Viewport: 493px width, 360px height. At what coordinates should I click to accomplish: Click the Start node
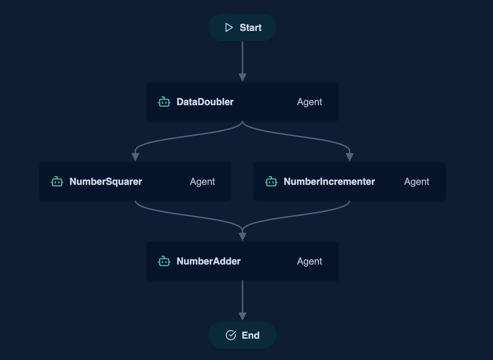(242, 27)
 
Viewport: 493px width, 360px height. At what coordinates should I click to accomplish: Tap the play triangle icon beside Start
(229, 27)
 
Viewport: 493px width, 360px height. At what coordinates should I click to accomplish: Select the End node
(242, 335)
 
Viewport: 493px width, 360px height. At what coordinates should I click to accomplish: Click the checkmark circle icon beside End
(231, 335)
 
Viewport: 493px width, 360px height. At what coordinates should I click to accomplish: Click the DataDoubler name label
(205, 102)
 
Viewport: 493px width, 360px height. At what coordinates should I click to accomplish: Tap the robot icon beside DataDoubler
(164, 102)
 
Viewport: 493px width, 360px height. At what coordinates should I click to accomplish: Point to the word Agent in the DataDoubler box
(309, 102)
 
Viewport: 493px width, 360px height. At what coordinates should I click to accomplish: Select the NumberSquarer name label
(105, 182)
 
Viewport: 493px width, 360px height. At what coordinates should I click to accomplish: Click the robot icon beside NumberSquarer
(57, 182)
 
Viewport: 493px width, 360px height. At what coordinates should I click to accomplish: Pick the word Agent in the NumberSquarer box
(202, 182)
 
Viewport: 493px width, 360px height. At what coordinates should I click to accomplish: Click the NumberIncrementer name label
(329, 182)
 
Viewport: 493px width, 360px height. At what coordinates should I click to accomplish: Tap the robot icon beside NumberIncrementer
(271, 182)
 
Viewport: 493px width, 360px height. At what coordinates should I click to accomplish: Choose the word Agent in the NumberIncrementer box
(416, 182)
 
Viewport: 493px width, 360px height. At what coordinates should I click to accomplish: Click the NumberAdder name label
(208, 261)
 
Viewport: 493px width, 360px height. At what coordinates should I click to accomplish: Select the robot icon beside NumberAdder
(164, 261)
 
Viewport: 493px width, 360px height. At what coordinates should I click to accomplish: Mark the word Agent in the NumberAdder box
(309, 261)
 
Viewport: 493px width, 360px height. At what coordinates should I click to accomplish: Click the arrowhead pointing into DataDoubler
(242, 77)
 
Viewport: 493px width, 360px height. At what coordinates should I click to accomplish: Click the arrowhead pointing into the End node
(242, 316)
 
